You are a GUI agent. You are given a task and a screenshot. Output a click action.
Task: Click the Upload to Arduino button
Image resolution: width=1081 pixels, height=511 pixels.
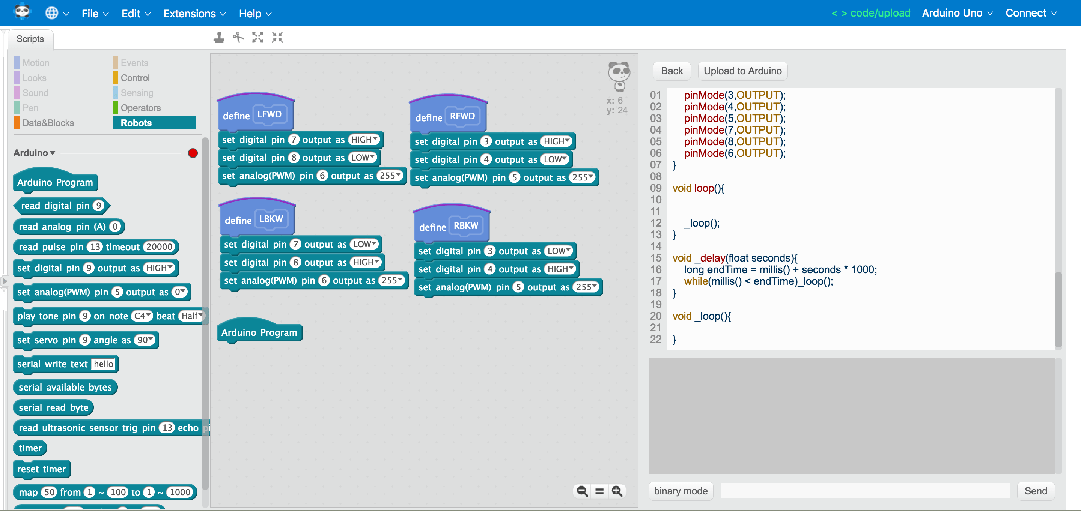[742, 71]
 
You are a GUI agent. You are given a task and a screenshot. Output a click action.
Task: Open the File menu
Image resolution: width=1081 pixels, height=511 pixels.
[95, 14]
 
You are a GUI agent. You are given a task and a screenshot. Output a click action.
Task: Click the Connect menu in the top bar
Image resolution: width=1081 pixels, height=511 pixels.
[1030, 13]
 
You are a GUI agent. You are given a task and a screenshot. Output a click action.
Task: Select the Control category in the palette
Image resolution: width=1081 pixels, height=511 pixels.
[135, 78]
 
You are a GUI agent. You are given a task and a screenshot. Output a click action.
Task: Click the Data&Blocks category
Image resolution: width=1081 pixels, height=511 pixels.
[48, 123]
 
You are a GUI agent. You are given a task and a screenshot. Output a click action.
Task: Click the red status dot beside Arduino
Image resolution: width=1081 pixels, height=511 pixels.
[193, 153]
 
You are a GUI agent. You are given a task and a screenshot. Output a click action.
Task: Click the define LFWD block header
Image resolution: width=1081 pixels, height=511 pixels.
[236, 116]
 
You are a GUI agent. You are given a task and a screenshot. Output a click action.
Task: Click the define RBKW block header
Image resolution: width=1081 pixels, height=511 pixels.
[432, 227]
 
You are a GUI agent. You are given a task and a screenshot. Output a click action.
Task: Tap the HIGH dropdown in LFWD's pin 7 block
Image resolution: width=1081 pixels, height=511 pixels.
[364, 139]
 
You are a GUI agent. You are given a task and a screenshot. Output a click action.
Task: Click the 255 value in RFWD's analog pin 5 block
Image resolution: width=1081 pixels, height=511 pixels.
[582, 177]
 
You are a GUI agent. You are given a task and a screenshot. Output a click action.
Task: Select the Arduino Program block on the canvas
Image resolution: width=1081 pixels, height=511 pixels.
[259, 332]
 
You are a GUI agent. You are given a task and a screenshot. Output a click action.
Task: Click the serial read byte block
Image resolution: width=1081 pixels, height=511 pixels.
[53, 407]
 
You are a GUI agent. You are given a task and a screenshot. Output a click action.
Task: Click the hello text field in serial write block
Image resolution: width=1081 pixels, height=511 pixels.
[103, 364]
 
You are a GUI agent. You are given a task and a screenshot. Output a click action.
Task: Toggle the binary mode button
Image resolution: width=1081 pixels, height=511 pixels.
[680, 491]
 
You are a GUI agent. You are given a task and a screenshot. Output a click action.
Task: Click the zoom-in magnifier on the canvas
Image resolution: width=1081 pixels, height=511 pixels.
[616, 491]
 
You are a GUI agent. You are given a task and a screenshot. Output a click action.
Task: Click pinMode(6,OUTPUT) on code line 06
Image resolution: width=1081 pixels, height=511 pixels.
[735, 153]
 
